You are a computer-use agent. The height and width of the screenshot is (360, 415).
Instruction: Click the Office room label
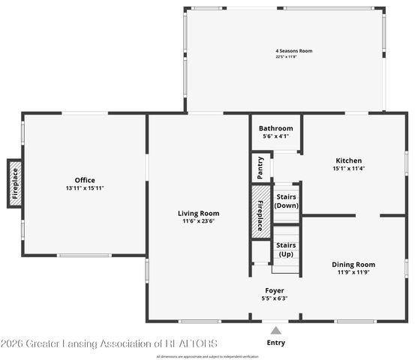84,180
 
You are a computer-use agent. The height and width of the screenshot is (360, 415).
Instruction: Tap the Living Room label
199,213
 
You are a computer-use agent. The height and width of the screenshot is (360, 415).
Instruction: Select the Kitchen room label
348,160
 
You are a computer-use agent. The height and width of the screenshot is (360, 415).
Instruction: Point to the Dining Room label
353,264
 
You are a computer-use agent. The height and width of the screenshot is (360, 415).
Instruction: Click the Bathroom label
276,128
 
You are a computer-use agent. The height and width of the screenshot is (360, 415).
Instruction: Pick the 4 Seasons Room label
293,51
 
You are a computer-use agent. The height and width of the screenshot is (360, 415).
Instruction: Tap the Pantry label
260,167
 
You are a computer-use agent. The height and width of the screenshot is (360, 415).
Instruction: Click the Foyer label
274,290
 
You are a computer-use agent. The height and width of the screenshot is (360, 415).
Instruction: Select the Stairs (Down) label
287,200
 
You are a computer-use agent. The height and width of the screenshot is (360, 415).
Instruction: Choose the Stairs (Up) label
286,250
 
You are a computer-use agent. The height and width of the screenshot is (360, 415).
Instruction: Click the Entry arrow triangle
275,330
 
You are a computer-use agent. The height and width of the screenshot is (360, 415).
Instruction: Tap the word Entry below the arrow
275,343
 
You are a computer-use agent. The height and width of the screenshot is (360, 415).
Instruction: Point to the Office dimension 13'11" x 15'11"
84,187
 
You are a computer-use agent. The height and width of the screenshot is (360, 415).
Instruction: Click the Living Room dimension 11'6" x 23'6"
199,221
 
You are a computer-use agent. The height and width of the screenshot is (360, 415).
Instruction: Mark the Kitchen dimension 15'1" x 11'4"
348,169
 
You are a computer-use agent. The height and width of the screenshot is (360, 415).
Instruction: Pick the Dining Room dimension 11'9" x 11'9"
353,272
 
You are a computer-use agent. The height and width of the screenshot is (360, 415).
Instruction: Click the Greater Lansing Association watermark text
109,343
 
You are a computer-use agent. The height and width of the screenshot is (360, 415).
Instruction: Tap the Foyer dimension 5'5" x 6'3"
274,298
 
